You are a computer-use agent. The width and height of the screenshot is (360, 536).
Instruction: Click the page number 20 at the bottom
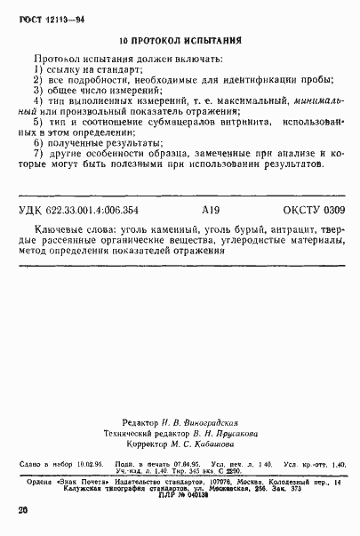[23, 510]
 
